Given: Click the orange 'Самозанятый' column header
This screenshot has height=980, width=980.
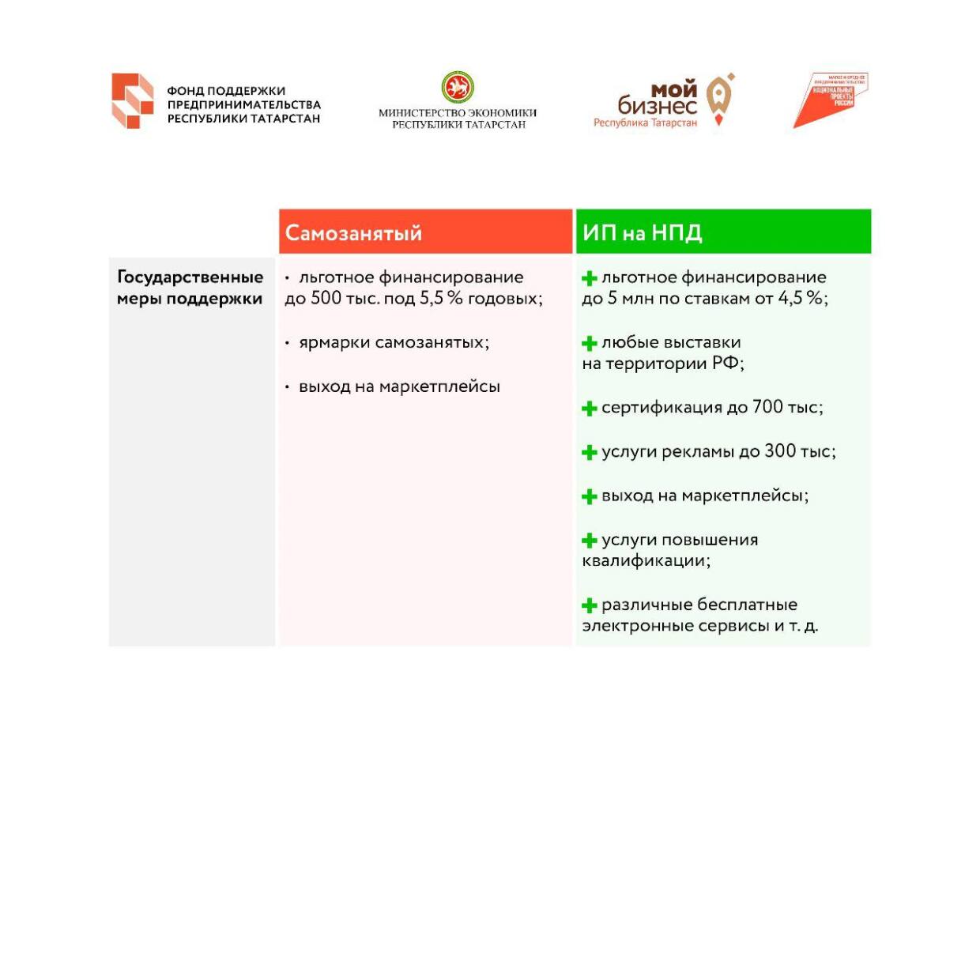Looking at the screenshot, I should pos(425,232).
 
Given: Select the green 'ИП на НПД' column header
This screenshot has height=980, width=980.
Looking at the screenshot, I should pos(722,232).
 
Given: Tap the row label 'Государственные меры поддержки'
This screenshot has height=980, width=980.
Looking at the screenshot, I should pos(190,288).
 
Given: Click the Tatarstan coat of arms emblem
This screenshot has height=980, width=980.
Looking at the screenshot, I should pos(458,87).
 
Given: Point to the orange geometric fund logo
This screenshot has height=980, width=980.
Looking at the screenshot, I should pos(132,101).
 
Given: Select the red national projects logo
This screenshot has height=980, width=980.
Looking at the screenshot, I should pos(831,100).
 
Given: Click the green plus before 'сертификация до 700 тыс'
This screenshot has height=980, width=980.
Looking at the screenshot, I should pos(589,409).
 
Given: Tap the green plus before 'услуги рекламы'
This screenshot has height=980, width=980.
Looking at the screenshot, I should pos(589,453).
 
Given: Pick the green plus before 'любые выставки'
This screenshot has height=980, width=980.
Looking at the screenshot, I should pos(589,344).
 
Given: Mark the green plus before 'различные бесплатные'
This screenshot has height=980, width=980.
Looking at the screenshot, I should pos(589,606).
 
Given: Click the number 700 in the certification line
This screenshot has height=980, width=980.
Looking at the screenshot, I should pos(767,407).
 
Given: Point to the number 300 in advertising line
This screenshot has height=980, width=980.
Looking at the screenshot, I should pos(780,451).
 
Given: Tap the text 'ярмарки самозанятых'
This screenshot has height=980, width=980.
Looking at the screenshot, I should pos(394,343).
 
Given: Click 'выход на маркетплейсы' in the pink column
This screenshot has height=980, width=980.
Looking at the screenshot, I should pos(399,387).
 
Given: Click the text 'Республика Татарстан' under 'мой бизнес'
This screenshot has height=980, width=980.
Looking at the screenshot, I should pos(645,123).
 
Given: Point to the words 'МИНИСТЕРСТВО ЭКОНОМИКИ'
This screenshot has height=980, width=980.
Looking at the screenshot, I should pos(458,113).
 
